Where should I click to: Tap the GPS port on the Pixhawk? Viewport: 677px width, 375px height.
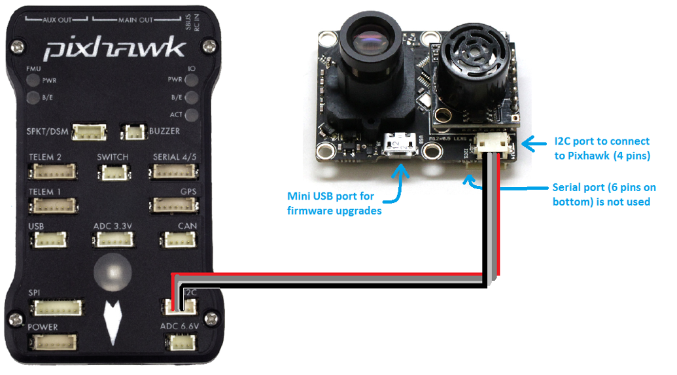(x=173, y=206)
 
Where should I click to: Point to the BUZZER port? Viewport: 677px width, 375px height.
(x=135, y=132)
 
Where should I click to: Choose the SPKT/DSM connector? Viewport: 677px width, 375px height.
(x=90, y=133)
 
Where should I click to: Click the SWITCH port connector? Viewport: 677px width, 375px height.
(x=113, y=173)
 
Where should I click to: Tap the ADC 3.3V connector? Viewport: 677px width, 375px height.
(x=112, y=240)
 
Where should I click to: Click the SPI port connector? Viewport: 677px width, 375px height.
(x=59, y=306)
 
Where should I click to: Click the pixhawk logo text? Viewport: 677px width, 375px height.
(x=114, y=50)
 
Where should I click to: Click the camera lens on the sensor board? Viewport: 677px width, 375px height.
(x=371, y=42)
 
